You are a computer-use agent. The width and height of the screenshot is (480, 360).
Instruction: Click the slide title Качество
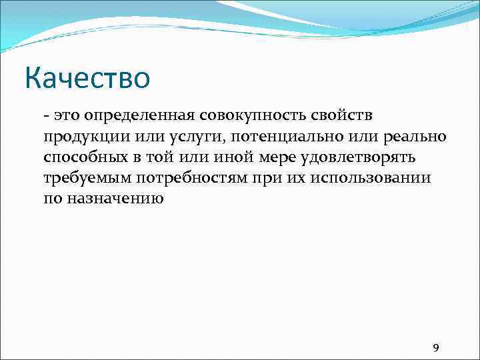click(x=88, y=79)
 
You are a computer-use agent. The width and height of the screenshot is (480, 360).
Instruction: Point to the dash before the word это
click(x=46, y=116)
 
